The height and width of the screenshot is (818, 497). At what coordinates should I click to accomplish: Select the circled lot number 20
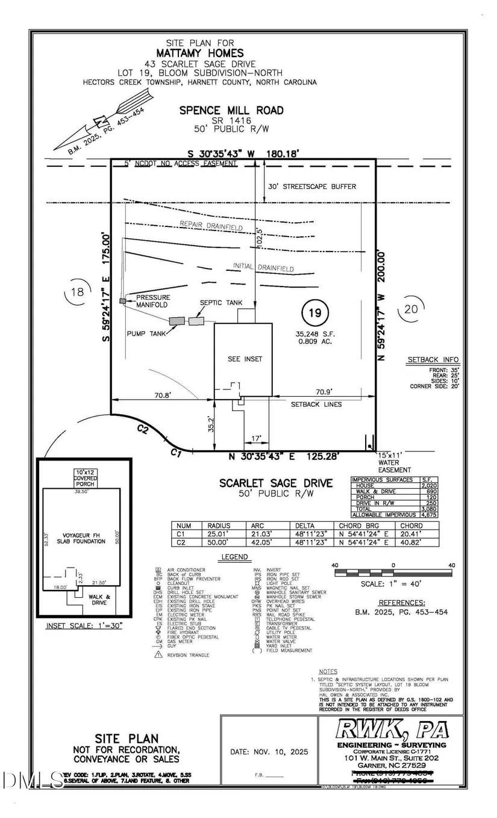point(411,310)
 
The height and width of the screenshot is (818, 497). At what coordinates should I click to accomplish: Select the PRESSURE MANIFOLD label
point(153,301)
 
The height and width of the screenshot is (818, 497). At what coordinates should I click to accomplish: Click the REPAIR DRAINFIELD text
point(211,226)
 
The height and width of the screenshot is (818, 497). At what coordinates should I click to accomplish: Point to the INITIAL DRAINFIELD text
point(263,267)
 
